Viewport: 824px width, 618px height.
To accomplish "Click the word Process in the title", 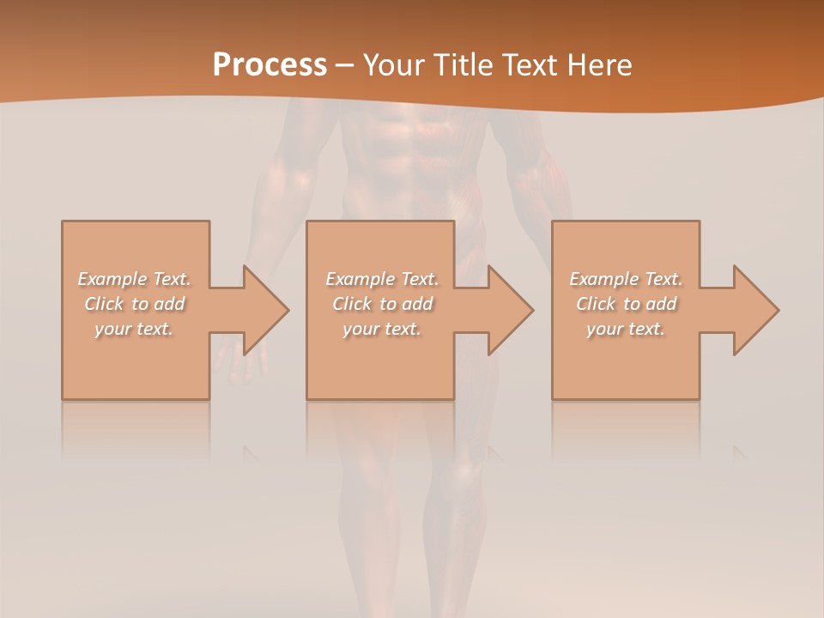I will [270, 65].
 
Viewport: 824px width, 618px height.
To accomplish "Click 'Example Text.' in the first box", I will [135, 279].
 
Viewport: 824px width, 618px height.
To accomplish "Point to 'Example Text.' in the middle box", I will [382, 279].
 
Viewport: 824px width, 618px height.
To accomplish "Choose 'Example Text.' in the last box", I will [626, 279].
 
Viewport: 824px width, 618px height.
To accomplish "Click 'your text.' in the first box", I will [134, 329].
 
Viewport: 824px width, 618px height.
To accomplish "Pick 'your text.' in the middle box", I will [382, 329].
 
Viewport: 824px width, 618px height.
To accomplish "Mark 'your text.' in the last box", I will [626, 329].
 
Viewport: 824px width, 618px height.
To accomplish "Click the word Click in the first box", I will [105, 304].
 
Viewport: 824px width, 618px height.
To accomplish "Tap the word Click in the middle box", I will [353, 304].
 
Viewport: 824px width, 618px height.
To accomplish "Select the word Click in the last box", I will [597, 304].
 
